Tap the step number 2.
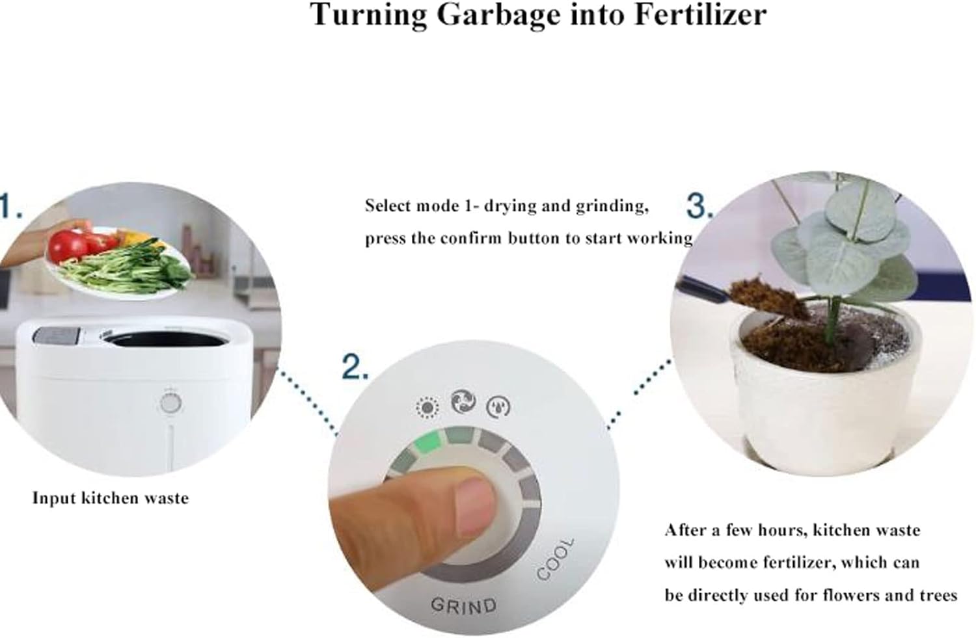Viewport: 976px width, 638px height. click(355, 368)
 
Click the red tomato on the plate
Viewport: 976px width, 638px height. click(69, 246)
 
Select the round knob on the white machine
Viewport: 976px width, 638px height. click(170, 403)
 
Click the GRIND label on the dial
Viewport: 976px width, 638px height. click(463, 605)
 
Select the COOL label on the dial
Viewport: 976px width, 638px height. click(556, 559)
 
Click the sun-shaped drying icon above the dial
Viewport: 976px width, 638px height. click(427, 408)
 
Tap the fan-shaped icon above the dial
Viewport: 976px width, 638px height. click(463, 402)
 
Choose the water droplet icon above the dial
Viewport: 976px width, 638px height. click(498, 406)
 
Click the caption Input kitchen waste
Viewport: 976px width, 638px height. click(111, 498)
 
